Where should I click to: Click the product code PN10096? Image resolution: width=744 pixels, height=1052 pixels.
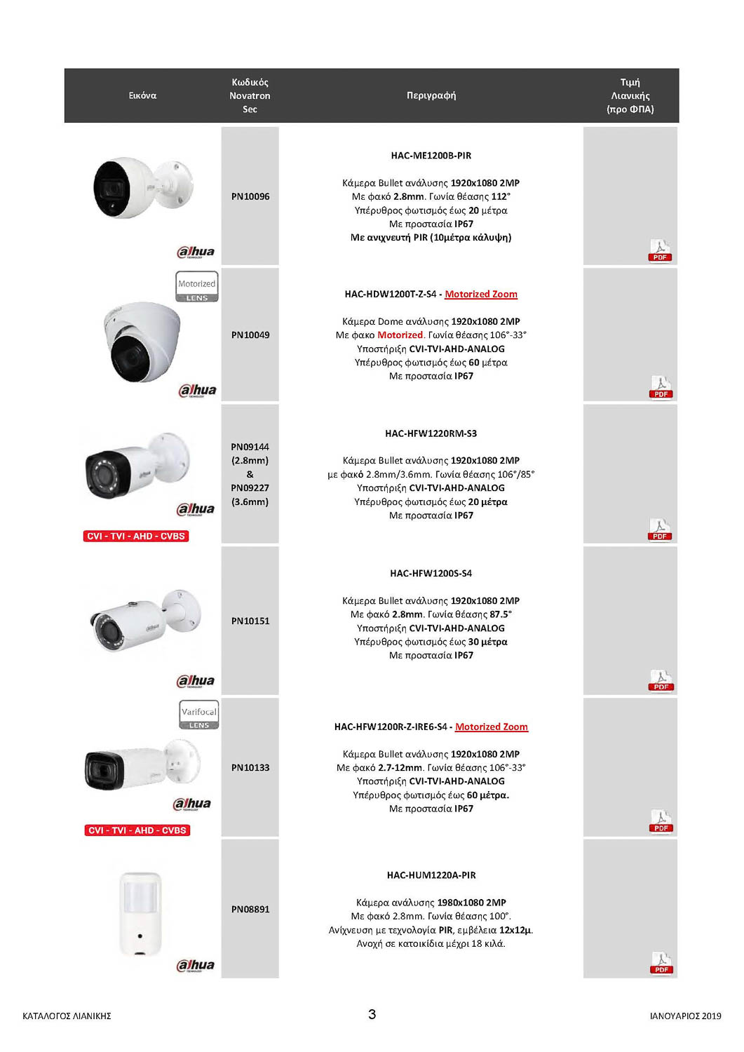(x=250, y=196)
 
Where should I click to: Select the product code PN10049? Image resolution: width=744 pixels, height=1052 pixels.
(x=250, y=335)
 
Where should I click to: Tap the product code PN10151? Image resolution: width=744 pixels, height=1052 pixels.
(x=250, y=621)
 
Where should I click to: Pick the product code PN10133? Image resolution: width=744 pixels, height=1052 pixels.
(x=250, y=767)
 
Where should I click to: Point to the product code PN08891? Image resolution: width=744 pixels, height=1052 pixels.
(x=250, y=909)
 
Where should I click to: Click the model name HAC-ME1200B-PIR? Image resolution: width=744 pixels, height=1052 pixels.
(x=431, y=156)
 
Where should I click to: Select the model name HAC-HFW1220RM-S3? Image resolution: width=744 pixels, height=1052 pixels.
(x=431, y=433)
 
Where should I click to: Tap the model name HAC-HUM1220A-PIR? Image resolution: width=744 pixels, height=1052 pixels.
(x=431, y=875)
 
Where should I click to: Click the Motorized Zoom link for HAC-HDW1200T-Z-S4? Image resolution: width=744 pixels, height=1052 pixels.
(x=481, y=295)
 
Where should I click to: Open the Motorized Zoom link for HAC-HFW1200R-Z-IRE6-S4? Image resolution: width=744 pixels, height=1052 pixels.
(x=492, y=727)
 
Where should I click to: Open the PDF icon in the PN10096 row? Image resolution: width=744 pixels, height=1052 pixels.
(x=660, y=250)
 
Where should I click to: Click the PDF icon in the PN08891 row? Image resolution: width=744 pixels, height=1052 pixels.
(x=661, y=963)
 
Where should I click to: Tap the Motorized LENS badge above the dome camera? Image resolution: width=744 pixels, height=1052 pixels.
(x=197, y=286)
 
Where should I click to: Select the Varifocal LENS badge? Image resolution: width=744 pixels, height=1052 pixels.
(x=199, y=715)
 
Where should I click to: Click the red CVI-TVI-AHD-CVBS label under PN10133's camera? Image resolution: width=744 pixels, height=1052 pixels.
(x=137, y=830)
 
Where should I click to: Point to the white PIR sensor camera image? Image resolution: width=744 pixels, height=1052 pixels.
(x=141, y=912)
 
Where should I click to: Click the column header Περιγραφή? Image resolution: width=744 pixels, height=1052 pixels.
(x=431, y=95)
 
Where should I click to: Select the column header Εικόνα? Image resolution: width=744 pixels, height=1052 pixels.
(x=142, y=95)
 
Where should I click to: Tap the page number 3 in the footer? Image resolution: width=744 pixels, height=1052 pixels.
(x=372, y=1014)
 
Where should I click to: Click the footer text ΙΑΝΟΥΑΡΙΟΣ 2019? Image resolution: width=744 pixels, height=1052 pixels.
(x=685, y=1016)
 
